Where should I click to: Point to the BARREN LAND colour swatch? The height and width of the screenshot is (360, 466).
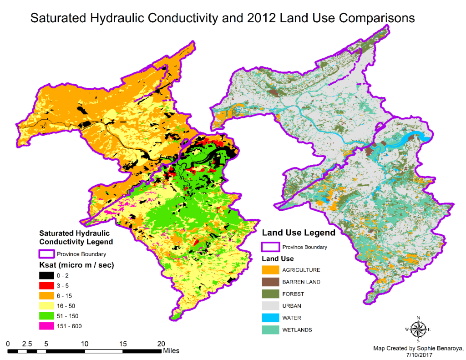[x=270, y=282]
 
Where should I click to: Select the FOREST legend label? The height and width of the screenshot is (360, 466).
[x=293, y=294]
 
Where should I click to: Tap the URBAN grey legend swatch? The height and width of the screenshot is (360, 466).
[x=270, y=306]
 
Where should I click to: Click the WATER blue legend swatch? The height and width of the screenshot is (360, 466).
[x=270, y=318]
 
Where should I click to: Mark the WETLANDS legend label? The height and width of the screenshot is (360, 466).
[x=297, y=330]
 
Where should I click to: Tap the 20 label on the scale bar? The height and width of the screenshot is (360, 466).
[x=161, y=344]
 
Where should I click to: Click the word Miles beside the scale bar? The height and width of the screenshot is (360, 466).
[x=172, y=351]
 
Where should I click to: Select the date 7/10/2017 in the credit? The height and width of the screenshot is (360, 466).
[x=418, y=355]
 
